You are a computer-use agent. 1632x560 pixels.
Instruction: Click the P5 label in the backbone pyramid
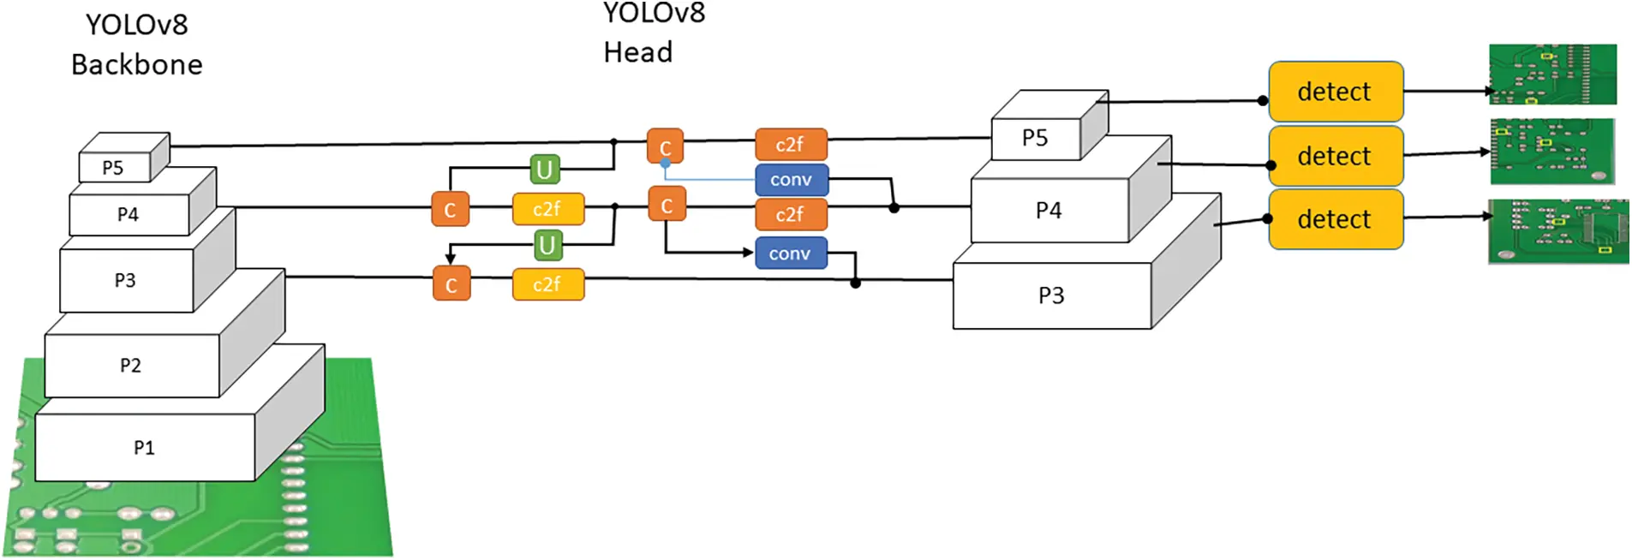[x=113, y=168]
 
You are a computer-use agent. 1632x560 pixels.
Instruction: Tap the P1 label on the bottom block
[x=144, y=448]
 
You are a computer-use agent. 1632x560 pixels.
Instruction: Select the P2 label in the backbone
[x=130, y=366]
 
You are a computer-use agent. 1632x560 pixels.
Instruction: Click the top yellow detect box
[x=1335, y=92]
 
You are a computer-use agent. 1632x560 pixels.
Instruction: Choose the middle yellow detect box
[x=1335, y=156]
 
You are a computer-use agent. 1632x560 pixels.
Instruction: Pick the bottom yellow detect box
[x=1335, y=219]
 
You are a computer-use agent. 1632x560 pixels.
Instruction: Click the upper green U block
[x=544, y=170]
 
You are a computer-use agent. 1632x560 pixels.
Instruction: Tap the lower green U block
[x=547, y=246]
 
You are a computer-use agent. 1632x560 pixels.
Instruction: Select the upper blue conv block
[x=791, y=180]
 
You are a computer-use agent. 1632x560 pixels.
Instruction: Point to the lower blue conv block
[x=790, y=253]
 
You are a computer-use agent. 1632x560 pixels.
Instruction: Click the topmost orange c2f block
[x=790, y=145]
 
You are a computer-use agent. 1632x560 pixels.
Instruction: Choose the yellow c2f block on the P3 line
[x=547, y=284]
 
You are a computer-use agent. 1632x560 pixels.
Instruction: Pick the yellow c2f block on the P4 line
[x=547, y=209]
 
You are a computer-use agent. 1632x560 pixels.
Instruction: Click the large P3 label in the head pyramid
[x=1051, y=295]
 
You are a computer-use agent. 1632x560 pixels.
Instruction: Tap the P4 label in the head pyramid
[x=1049, y=210]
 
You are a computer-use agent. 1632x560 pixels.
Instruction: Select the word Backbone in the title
[x=137, y=64]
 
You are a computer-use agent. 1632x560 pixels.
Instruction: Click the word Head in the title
[x=638, y=52]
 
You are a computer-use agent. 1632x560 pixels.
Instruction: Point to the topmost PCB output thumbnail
[x=1552, y=74]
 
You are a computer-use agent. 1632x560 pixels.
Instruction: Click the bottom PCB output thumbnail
[x=1557, y=230]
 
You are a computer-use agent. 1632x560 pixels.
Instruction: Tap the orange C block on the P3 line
[x=451, y=284]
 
